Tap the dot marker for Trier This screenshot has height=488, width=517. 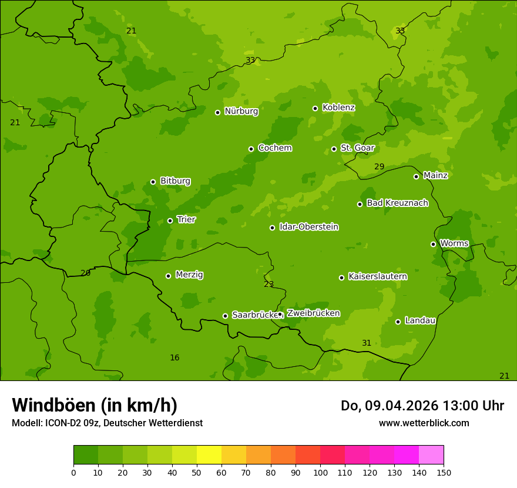[x=170, y=220]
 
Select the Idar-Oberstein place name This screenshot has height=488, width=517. [x=308, y=227]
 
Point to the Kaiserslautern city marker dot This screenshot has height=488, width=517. [x=341, y=278]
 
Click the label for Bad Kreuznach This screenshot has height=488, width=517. [x=397, y=203]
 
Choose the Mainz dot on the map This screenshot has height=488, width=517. [x=416, y=176]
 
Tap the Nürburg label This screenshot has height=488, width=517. [x=241, y=111]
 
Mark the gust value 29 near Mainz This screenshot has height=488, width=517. [x=380, y=167]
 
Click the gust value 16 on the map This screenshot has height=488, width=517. [x=174, y=357]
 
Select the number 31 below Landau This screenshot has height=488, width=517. [x=367, y=343]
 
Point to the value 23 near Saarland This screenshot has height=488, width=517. [x=269, y=284]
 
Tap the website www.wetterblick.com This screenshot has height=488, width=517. [x=424, y=423]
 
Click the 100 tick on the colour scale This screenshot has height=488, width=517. [x=320, y=472]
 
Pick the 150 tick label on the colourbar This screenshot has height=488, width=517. [x=444, y=472]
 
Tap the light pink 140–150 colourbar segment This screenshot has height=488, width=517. [x=431, y=455]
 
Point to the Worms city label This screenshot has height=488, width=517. [x=454, y=243]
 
